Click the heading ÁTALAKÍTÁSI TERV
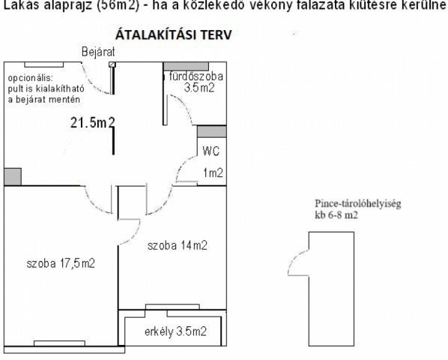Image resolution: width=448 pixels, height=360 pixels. click(172, 35)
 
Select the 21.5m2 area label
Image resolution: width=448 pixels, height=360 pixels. click(93, 123)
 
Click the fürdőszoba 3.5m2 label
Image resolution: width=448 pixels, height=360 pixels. click(196, 82)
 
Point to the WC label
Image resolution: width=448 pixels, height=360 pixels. click(211, 150)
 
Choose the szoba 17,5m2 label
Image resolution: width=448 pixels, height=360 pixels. click(60, 263)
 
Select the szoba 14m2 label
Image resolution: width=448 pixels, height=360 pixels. click(177, 245)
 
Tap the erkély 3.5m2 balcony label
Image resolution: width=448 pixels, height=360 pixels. click(175, 331)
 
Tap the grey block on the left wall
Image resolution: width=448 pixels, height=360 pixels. click(12, 177)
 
